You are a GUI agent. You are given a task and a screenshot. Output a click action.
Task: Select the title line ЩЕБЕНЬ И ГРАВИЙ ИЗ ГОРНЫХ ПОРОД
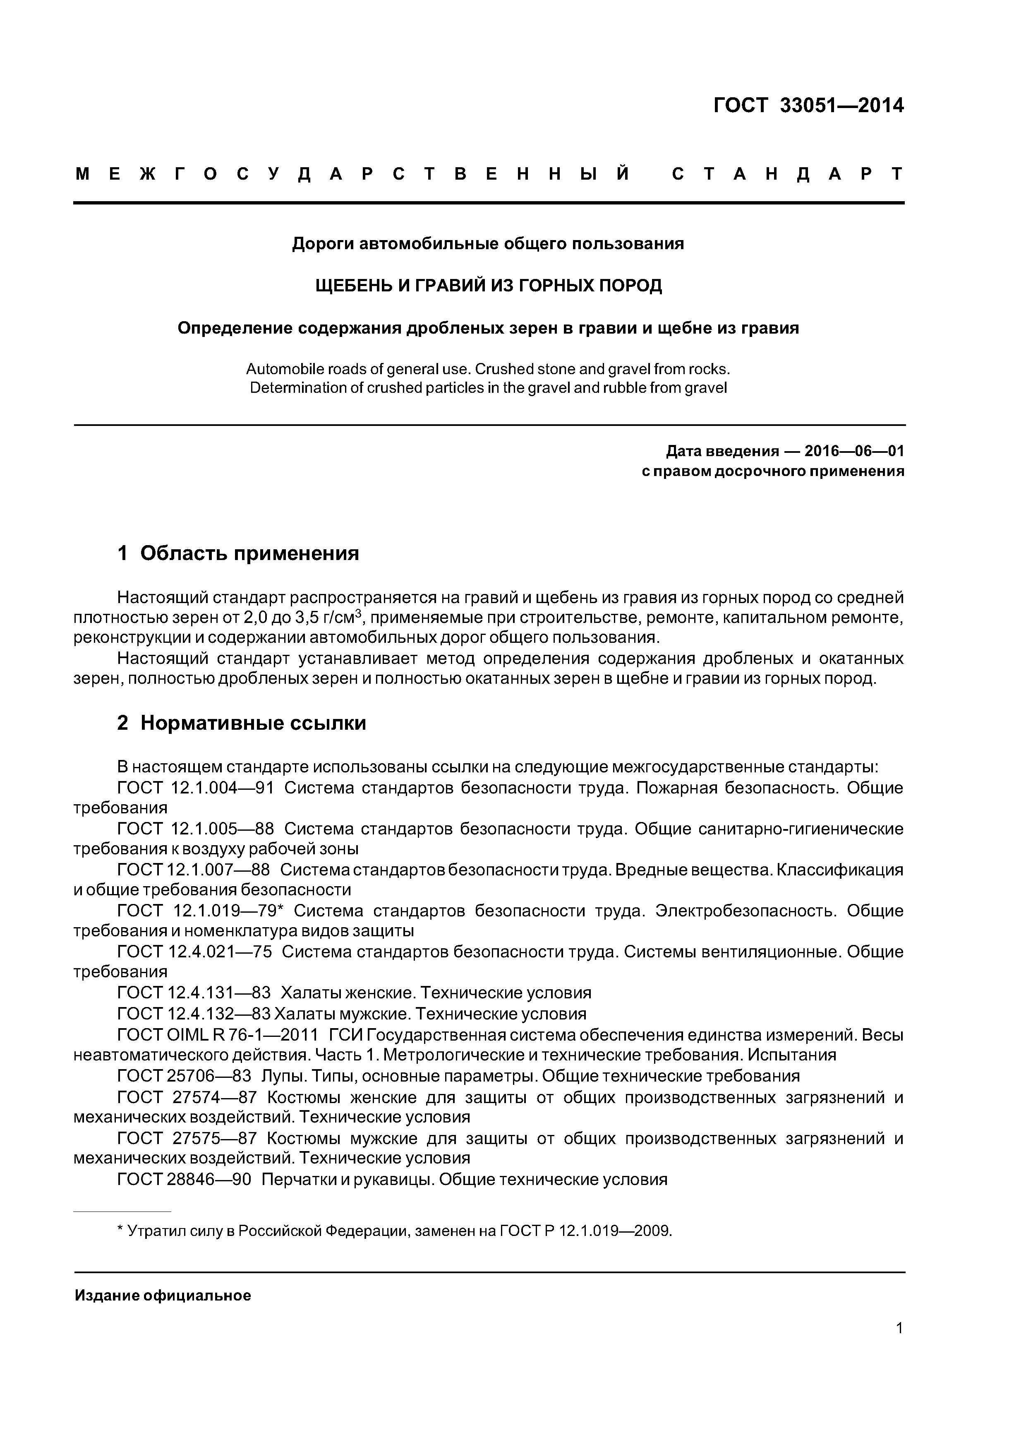coord(488,286)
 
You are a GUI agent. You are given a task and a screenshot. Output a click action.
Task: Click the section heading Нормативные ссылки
coord(253,723)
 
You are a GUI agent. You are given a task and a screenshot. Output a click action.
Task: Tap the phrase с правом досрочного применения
coord(772,471)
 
